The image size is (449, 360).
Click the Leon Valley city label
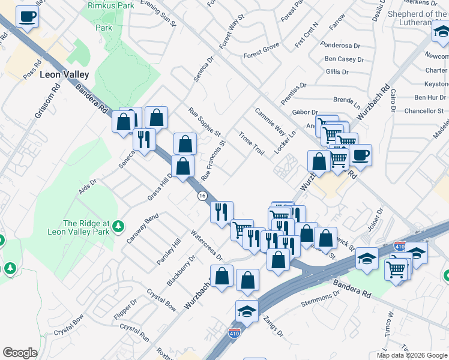click(64, 75)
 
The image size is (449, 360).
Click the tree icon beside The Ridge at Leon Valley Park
click(119, 225)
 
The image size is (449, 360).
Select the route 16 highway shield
click(202, 196)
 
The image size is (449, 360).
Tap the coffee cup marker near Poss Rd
click(27, 17)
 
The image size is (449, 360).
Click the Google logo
click(20, 353)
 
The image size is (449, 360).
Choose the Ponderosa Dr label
click(340, 46)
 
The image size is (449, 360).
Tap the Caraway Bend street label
click(142, 228)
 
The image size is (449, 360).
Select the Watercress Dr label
click(206, 245)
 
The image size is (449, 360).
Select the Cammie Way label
click(270, 122)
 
